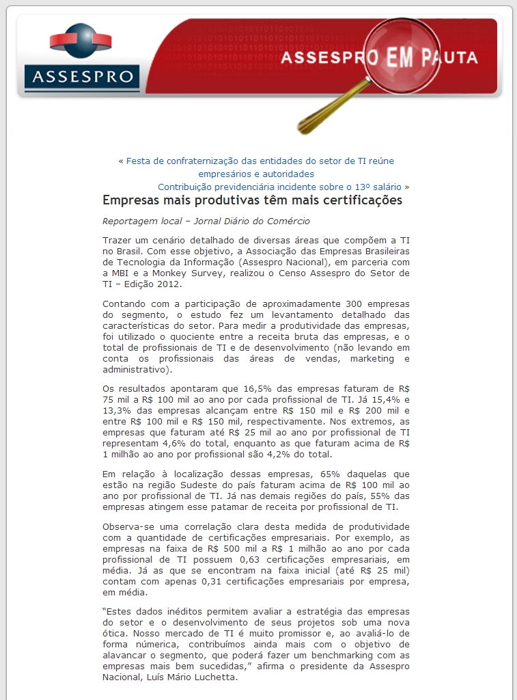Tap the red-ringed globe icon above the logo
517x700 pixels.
pos(81,40)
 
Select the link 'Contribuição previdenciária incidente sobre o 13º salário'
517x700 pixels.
pos(279,187)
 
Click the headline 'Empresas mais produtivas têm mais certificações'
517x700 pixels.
pos(252,200)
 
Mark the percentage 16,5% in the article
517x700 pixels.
pos(248,388)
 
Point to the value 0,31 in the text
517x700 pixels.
pos(199,582)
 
